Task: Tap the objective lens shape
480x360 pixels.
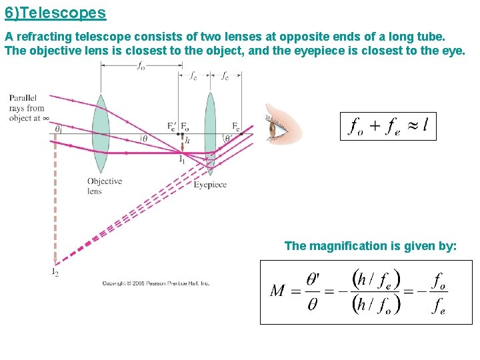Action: point(101,133)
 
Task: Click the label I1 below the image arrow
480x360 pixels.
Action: point(181,159)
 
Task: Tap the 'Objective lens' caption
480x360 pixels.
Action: point(104,186)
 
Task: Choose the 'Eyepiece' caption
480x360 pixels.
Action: point(210,185)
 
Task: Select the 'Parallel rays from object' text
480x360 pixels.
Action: point(27,108)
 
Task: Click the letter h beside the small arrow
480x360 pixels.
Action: point(187,140)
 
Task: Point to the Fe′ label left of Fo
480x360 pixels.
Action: point(172,126)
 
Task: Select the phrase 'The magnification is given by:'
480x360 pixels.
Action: point(370,246)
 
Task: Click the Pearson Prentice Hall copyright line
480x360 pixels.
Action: point(155,283)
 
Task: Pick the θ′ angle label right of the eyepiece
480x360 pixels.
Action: point(228,139)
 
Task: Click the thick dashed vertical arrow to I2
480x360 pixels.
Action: point(55,200)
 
